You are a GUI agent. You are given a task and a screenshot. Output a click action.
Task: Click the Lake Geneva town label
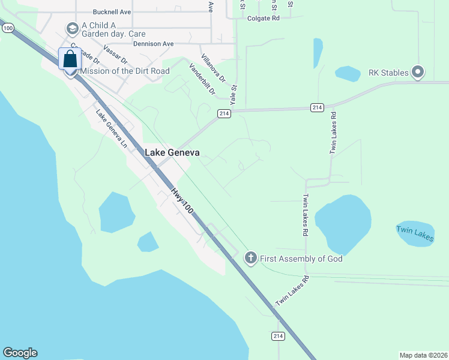click(x=172, y=152)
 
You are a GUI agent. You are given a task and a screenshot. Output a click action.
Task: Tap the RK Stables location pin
click(x=418, y=73)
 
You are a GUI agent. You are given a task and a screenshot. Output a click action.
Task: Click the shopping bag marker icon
click(x=70, y=60)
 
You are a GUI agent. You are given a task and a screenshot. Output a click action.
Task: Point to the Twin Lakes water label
click(x=415, y=233)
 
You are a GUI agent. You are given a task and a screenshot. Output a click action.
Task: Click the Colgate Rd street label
click(x=264, y=19)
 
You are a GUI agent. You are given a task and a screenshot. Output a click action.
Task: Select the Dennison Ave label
click(x=153, y=44)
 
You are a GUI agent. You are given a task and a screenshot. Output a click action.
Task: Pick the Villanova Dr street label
click(x=213, y=67)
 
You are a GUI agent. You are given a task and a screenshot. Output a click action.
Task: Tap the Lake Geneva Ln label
click(x=112, y=127)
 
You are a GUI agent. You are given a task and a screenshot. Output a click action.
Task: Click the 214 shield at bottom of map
click(x=277, y=337)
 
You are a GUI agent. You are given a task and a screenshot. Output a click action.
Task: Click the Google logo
click(x=20, y=353)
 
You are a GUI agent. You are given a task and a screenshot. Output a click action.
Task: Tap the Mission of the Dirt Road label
click(x=124, y=71)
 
